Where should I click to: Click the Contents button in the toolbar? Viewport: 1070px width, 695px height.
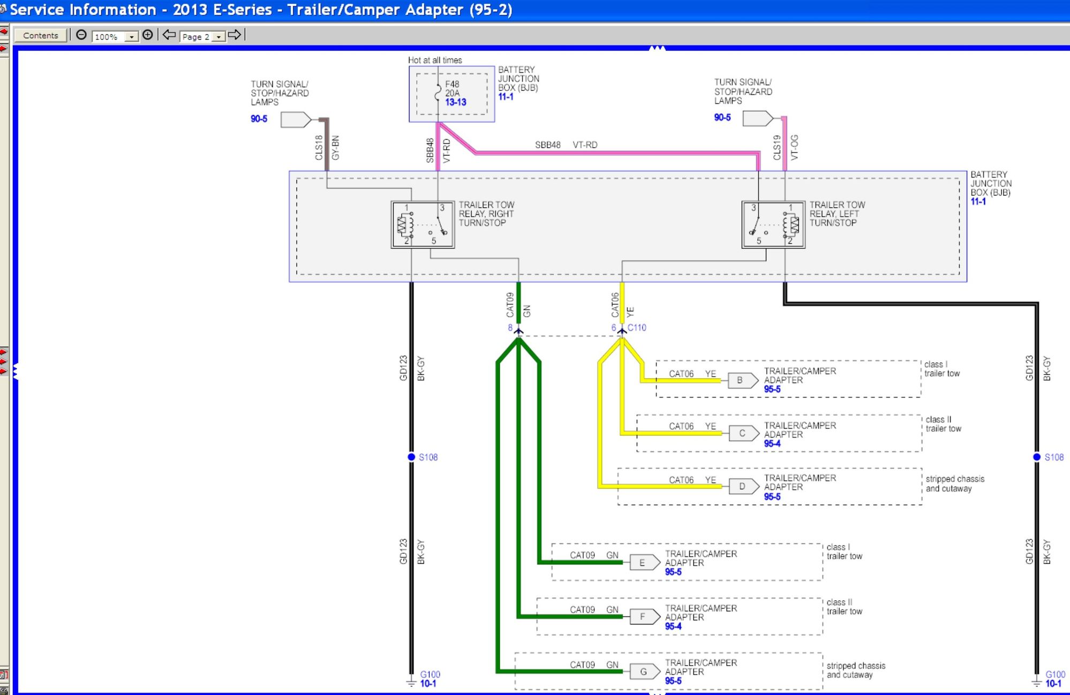pos(41,35)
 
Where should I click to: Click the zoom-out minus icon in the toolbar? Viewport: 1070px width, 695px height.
pos(81,35)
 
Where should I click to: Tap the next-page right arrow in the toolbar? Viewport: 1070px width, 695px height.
pos(235,35)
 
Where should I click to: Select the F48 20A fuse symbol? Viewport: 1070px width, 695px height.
pos(438,93)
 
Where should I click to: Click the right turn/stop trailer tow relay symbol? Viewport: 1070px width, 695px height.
pos(423,225)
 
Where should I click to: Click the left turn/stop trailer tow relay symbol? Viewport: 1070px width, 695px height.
pos(773,225)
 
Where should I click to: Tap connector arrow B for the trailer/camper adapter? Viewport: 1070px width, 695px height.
pos(743,380)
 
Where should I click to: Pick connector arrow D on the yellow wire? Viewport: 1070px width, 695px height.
pos(744,486)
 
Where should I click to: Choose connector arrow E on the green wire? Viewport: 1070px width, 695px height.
pos(645,562)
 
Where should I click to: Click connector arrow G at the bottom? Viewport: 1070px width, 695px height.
pos(645,671)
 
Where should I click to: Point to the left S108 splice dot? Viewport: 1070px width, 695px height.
pos(411,457)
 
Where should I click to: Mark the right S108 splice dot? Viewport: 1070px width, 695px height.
pos(1037,457)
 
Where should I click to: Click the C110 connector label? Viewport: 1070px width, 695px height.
pos(637,327)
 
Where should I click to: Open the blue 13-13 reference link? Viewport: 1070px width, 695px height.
pos(456,102)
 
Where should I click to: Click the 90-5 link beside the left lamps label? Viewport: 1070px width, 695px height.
pos(259,119)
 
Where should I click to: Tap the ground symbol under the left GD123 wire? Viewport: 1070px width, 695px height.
pos(411,682)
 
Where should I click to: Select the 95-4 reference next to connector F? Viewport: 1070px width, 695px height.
pos(673,627)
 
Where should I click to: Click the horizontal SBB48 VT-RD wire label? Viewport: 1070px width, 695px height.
pos(566,145)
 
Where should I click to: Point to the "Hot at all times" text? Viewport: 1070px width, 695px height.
pos(435,60)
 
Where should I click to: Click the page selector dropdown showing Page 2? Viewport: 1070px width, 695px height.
pos(203,36)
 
